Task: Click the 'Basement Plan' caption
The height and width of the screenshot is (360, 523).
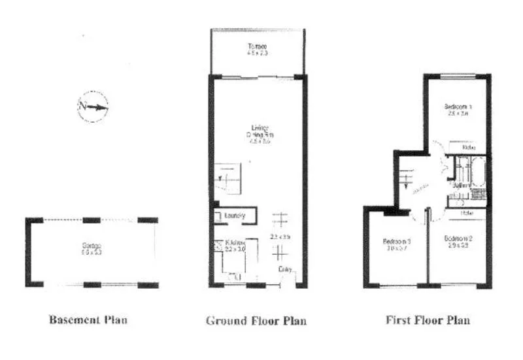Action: (88, 320)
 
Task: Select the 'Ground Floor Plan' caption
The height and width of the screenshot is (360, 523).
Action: (256, 321)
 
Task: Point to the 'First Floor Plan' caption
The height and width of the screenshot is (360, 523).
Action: (428, 321)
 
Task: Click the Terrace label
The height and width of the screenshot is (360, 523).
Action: (257, 46)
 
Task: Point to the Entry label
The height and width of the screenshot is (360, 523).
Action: (286, 269)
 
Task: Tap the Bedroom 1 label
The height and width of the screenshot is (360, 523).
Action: (459, 106)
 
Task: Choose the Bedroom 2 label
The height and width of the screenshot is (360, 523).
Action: (459, 238)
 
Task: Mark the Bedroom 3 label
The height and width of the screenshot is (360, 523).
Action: (396, 242)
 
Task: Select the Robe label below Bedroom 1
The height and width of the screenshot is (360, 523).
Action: (467, 148)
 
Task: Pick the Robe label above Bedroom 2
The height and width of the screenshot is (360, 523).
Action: (467, 212)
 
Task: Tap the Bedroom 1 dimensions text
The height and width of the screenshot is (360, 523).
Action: (459, 113)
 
